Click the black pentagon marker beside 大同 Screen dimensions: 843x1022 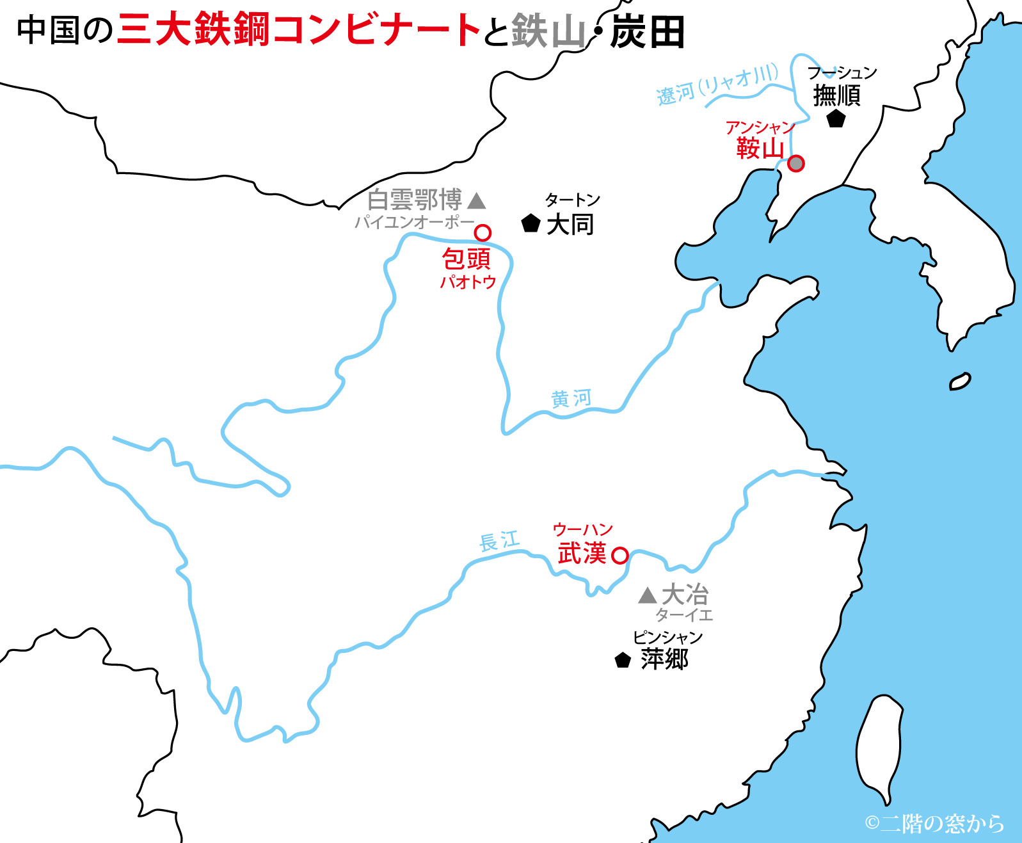[x=531, y=223]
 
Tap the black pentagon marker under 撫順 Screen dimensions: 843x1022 [x=836, y=118]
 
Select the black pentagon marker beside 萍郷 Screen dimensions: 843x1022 [x=623, y=660]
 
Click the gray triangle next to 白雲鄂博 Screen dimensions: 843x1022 [x=477, y=202]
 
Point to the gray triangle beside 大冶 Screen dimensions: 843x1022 [x=648, y=596]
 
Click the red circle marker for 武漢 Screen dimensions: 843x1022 [x=619, y=555]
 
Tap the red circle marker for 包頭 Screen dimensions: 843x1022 [x=483, y=232]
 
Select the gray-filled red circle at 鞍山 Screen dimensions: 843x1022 [x=795, y=163]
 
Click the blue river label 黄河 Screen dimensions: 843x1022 [x=571, y=399]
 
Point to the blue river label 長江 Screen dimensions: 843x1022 [x=499, y=542]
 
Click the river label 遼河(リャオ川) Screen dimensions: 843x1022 [x=717, y=84]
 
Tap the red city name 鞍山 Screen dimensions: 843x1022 [x=760, y=149]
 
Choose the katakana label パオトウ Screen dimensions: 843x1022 [x=468, y=282]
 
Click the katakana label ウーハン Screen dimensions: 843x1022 [x=582, y=529]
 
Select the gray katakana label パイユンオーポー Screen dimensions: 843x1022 [x=415, y=222]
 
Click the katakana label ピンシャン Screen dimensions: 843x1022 [x=667, y=637]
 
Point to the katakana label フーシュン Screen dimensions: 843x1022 [x=842, y=72]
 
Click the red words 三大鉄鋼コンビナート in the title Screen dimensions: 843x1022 [x=299, y=30]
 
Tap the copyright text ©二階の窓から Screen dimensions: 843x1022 [x=934, y=823]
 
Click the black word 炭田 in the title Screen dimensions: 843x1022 [x=648, y=32]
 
